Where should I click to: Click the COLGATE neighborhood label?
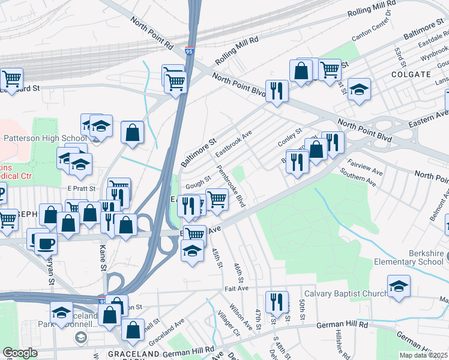point(411,74)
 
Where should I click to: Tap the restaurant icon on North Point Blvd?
point(276,91)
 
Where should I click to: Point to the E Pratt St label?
point(82,188)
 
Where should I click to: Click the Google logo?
point(19,353)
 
